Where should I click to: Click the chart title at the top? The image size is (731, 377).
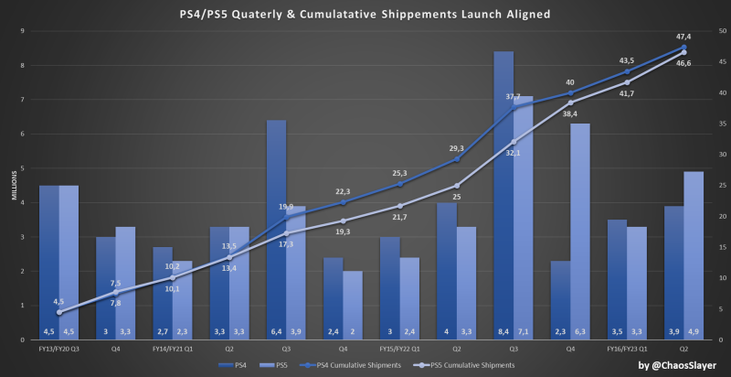click(x=365, y=15)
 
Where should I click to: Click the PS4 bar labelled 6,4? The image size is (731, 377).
click(x=277, y=229)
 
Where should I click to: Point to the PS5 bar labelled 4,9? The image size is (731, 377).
click(x=694, y=255)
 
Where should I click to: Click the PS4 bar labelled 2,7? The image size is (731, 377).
click(x=163, y=293)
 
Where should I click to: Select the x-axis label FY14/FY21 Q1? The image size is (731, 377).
click(x=173, y=349)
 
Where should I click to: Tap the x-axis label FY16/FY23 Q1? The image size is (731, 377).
click(x=626, y=349)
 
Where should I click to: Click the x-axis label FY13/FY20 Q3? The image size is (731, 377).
click(x=59, y=349)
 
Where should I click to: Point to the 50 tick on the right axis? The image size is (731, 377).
click(x=720, y=31)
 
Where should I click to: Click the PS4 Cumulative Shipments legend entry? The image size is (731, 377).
click(x=359, y=364)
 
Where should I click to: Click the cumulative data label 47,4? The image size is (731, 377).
click(x=683, y=36)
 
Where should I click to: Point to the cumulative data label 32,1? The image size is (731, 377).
click(x=513, y=153)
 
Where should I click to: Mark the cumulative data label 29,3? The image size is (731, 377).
click(x=456, y=147)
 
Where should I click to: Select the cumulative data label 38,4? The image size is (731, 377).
click(x=570, y=113)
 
